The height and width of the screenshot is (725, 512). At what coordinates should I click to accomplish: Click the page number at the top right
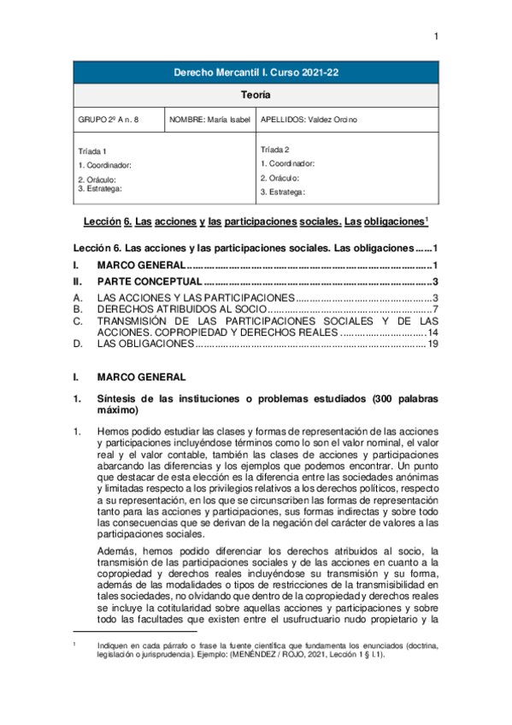435,36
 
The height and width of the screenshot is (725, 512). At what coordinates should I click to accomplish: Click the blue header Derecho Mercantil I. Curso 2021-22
256,74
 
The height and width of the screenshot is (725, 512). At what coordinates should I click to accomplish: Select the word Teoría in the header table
256,97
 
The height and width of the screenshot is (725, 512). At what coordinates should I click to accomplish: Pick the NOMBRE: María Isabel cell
209,121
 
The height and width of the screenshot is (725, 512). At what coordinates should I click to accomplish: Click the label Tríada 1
92,151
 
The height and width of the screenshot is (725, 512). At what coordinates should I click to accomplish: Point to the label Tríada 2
276,149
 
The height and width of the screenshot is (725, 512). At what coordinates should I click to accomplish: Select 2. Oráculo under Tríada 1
97,179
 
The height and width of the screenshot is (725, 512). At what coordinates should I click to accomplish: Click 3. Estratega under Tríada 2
282,192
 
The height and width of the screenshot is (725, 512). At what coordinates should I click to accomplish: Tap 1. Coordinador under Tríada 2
287,162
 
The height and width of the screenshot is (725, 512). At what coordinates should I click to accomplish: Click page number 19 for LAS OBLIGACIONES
433,344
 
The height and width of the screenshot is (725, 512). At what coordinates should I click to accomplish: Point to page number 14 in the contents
433,332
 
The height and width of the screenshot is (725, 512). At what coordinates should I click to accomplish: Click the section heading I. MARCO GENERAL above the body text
136,376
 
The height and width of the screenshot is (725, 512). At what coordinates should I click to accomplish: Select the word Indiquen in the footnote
114,646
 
